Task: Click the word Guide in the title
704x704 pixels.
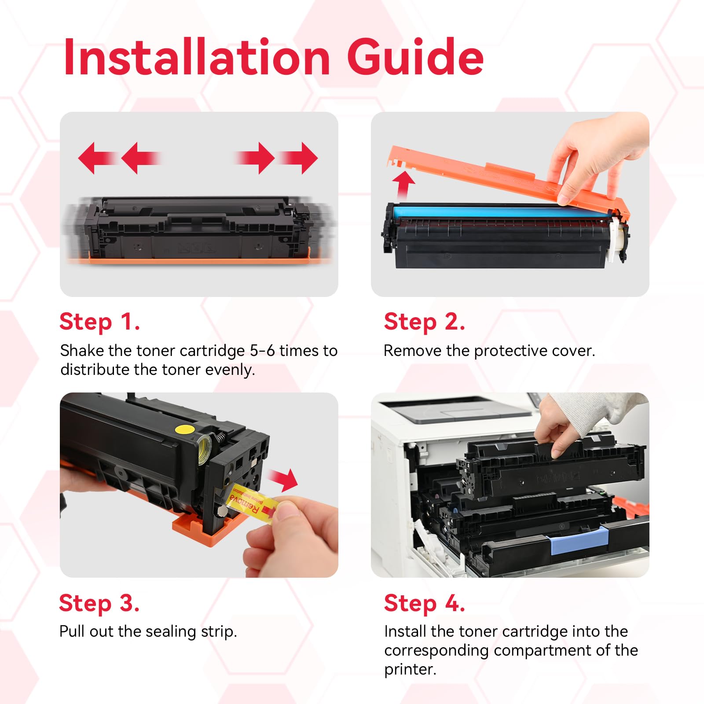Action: coord(415,57)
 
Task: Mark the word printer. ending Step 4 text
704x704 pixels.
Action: coord(410,669)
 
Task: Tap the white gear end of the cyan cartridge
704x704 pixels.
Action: coord(618,240)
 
